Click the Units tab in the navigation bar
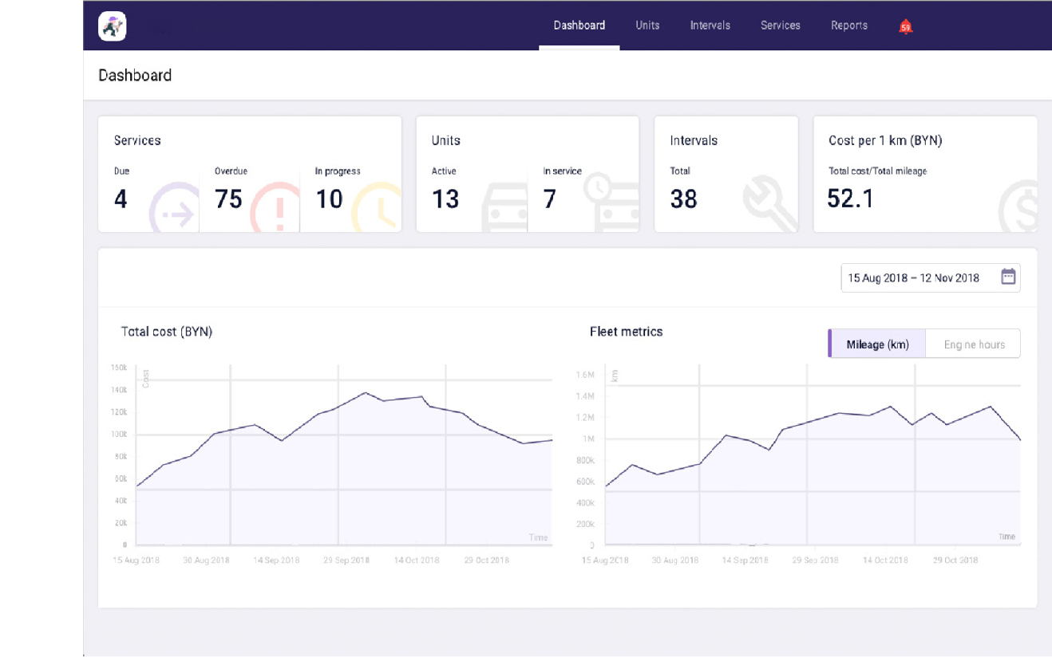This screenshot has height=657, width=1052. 647,26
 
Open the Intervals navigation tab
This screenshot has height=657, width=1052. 710,26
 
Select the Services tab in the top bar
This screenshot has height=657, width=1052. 780,26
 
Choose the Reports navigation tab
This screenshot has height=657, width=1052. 848,26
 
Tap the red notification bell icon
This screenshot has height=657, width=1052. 905,26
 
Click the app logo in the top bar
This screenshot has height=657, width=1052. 113,26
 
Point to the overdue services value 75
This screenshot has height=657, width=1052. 228,199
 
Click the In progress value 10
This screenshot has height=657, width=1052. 329,199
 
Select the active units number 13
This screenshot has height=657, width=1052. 445,199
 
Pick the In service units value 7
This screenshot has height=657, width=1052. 549,199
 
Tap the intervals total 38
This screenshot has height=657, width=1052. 683,199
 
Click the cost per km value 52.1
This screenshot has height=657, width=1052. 850,199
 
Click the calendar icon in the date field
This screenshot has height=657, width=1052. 1008,277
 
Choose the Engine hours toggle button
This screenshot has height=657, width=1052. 974,344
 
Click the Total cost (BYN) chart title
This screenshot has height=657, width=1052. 166,332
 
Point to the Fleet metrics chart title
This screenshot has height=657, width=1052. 626,332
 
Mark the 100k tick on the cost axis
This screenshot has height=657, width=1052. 119,435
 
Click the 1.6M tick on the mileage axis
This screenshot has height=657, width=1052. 585,375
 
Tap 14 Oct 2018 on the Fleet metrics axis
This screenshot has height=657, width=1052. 884,561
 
